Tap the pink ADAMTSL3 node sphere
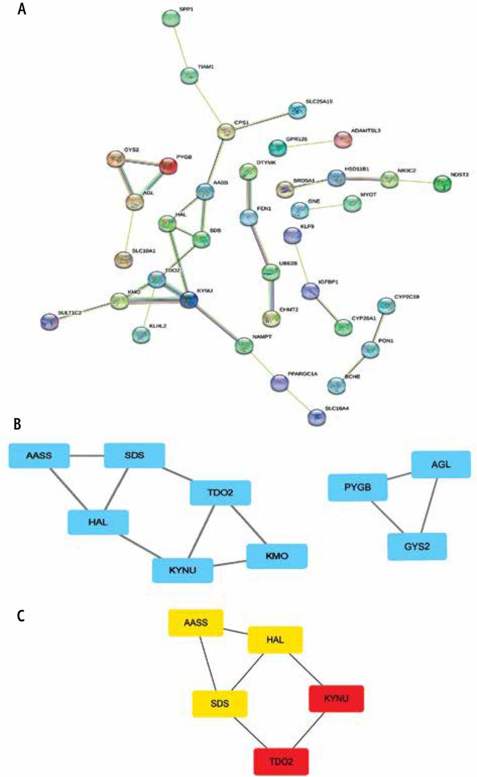[x=342, y=139]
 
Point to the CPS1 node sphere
[x=226, y=132]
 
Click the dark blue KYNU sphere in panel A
[x=189, y=298]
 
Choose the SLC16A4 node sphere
[x=316, y=416]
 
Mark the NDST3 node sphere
[x=443, y=184]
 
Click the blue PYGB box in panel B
[x=358, y=488]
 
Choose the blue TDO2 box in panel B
[x=221, y=493]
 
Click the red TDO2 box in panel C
[x=281, y=761]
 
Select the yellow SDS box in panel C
[x=219, y=704]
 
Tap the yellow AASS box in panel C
[x=195, y=624]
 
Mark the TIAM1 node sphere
[x=190, y=76]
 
